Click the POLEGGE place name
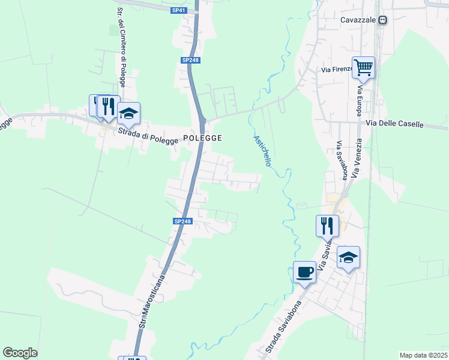pos(202,138)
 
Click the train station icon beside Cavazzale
pos(382,20)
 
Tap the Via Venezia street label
pos(357,158)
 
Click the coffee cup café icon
pos(304,272)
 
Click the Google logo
pos(20,353)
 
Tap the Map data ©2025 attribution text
pos(423,355)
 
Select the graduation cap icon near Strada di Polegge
pos(128,113)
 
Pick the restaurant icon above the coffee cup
pos(327,226)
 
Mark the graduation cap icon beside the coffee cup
pos(348,257)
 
